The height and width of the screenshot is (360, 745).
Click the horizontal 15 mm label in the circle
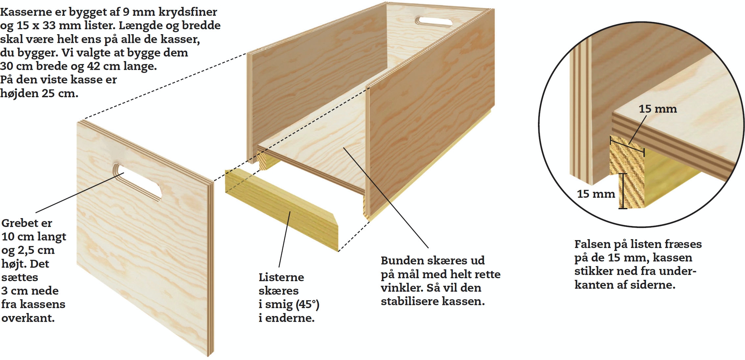658,109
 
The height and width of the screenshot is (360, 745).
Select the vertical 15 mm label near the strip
596,194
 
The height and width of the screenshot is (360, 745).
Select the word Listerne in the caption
281,277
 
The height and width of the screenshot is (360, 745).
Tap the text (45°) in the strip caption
307,304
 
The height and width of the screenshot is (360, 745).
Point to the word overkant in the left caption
28,318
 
